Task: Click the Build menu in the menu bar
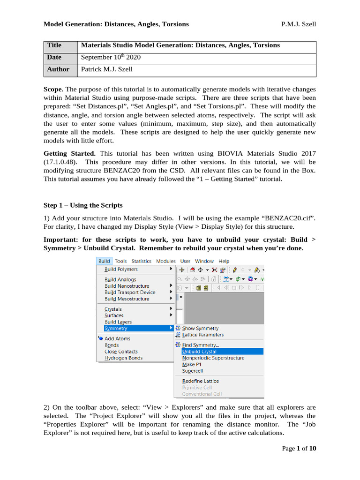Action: tap(104, 261)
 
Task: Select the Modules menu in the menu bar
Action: tap(165, 261)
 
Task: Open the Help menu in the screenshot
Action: tap(224, 261)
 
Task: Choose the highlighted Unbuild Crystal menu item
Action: tap(199, 352)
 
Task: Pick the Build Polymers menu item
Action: tap(121, 270)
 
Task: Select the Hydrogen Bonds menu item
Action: tap(123, 358)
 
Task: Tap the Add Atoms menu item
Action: tap(117, 338)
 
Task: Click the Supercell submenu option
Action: tap(192, 371)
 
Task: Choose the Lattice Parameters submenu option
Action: tap(202, 335)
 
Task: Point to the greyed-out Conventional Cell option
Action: tap(202, 394)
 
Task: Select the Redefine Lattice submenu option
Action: tap(200, 381)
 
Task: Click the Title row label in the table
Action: tap(54, 45)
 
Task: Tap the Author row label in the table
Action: tap(58, 69)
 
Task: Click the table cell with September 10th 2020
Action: tap(111, 58)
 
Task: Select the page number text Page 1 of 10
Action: tap(299, 449)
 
